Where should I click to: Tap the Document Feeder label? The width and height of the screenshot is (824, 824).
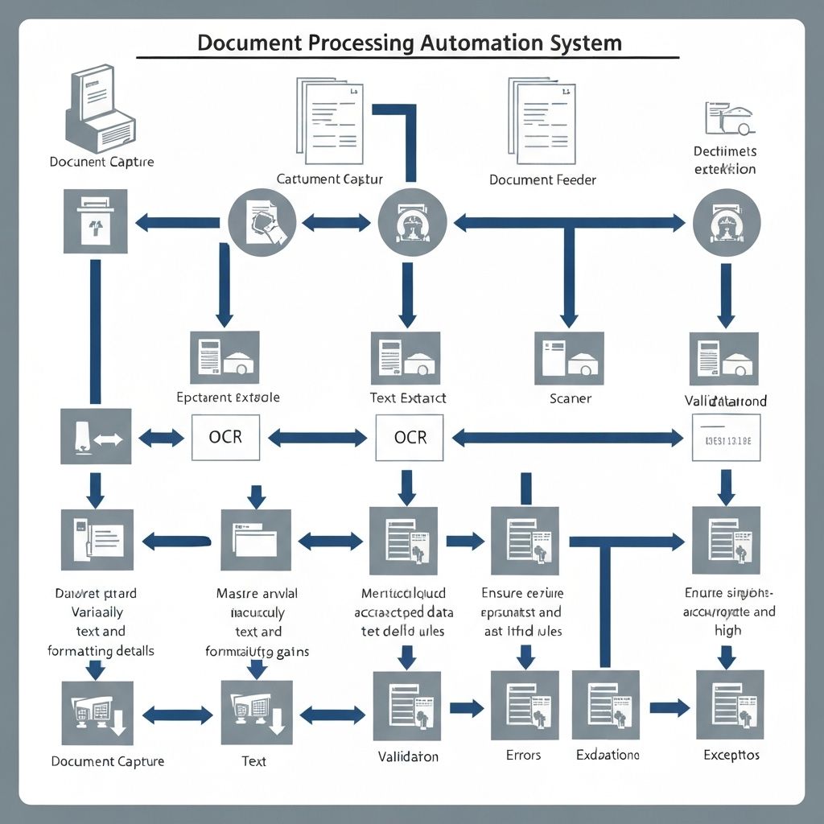[x=542, y=179]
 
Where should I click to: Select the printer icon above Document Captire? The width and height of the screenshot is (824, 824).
[x=100, y=111]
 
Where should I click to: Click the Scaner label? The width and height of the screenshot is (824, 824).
[x=570, y=398]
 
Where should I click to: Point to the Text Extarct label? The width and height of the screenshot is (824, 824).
[x=408, y=398]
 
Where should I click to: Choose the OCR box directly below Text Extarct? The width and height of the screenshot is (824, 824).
[x=410, y=438]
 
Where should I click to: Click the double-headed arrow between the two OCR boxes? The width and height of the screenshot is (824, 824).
[x=317, y=438]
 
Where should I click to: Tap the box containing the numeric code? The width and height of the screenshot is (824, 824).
[x=726, y=438]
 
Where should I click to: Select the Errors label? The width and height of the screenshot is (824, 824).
[x=523, y=755]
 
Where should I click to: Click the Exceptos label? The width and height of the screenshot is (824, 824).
[x=731, y=755]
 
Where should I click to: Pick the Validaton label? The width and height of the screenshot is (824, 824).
[x=408, y=756]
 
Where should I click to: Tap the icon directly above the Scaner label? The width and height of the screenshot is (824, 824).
[x=569, y=358]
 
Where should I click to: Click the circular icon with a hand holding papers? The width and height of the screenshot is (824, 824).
[x=262, y=218]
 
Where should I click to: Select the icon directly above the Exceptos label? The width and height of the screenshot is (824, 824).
[x=731, y=705]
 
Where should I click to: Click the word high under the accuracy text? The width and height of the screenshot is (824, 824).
[x=727, y=631]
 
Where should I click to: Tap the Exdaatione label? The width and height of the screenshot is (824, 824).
[x=608, y=755]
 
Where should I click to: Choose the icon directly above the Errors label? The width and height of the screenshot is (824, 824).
[x=525, y=705]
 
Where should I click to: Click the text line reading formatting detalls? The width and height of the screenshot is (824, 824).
[x=101, y=650]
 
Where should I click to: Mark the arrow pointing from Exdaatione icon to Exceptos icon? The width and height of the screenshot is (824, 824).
[x=669, y=708]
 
